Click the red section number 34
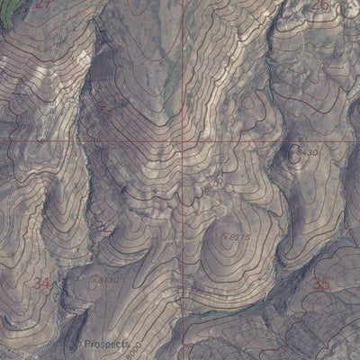click(x=40, y=283)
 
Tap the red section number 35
click(x=321, y=284)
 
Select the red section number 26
click(x=319, y=5)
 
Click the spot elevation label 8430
click(x=307, y=154)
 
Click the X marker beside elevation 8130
click(x=94, y=280)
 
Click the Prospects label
click(x=107, y=344)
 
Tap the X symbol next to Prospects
click(x=79, y=343)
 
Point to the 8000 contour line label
click(x=131, y=351)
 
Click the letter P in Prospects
click(x=86, y=344)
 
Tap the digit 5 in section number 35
click(x=326, y=284)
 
